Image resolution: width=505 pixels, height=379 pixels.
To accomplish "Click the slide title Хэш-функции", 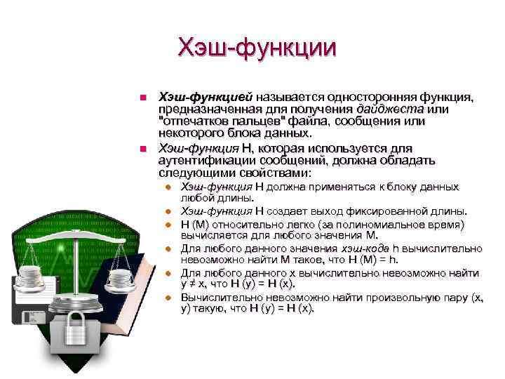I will pos(257,48).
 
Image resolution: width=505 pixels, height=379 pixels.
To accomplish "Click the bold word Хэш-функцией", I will pos(206,96).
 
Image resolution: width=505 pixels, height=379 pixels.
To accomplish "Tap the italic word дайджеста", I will pos(389,109).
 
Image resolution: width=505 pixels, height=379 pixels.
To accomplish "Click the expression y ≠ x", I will pos(196,284).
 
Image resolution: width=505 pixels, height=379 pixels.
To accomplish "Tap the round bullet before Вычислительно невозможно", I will pos(168,298).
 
